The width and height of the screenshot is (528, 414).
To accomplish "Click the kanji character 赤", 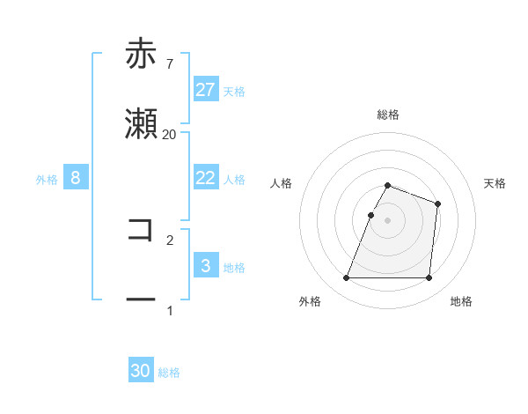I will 141,54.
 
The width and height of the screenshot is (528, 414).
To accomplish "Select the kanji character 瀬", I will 141,124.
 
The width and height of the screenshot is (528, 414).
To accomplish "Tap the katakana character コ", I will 141,229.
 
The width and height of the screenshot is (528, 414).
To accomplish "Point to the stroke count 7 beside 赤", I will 169,63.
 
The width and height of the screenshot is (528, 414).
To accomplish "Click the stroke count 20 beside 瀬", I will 169,134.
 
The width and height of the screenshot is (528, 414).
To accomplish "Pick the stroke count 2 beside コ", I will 169,239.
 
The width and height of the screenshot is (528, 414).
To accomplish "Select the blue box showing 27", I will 206,90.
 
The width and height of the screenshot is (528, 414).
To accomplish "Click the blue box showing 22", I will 206,178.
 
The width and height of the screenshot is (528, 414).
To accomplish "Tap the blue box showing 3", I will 206,265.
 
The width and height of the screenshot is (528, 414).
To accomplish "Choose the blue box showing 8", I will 76,178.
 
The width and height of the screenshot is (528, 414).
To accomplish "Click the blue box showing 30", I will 141,371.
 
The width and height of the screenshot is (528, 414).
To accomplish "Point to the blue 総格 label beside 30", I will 169,373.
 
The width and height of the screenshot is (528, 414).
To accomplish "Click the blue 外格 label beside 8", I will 47,180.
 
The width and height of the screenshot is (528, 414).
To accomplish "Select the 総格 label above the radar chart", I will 388,115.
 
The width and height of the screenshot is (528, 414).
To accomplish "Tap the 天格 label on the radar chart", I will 495,183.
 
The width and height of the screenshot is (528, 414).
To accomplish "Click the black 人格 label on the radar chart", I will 282,183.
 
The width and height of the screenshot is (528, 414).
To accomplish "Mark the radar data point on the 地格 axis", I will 429,278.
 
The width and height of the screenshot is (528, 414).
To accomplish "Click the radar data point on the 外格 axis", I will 347,278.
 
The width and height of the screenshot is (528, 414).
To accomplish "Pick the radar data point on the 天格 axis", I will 437,204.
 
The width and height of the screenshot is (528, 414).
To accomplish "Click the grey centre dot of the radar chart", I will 388,220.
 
